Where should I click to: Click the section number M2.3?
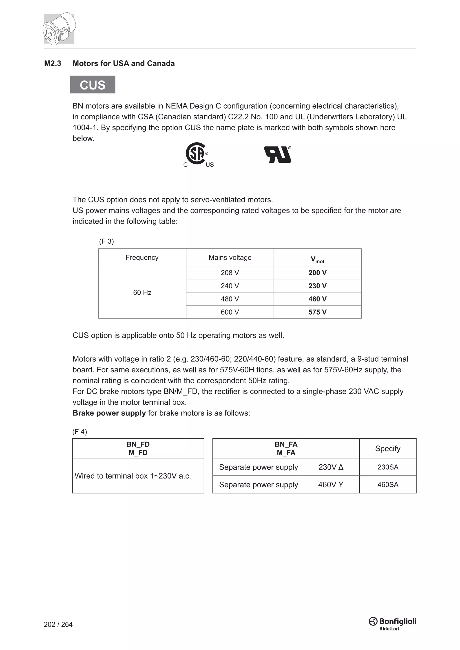pyautogui.click(x=53, y=64)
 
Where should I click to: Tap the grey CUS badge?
pyautogui.click(x=93, y=85)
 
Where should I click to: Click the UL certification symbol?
pyautogui.click(x=278, y=155)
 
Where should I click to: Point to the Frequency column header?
pyautogui.click(x=142, y=257)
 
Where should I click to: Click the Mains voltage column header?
pyautogui.click(x=230, y=257)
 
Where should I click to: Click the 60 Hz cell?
pyautogui.click(x=142, y=292)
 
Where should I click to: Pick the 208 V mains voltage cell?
pyautogui.click(x=230, y=273)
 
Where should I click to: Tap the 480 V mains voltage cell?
pyautogui.click(x=230, y=299)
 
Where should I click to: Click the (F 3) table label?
pyautogui.click(x=106, y=241)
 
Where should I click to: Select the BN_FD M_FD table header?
pyautogui.click(x=138, y=448)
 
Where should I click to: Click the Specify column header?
pyautogui.click(x=387, y=448)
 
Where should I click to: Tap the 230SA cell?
pyautogui.click(x=387, y=467)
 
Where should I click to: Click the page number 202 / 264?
pyautogui.click(x=58, y=624)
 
